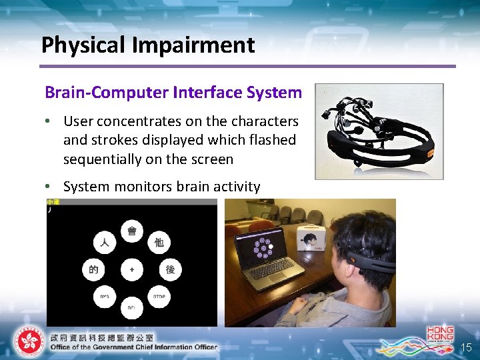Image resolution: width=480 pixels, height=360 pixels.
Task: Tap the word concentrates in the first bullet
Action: (x=138, y=121)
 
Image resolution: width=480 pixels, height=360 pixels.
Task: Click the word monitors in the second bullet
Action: (x=145, y=187)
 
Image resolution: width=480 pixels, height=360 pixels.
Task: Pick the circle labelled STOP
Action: (x=159, y=296)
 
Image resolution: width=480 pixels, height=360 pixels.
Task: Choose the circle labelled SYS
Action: (x=104, y=296)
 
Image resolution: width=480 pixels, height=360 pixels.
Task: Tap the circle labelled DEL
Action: (x=131, y=307)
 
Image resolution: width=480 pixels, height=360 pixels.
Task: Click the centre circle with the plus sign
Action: (x=131, y=269)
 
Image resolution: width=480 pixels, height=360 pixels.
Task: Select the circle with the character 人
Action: (x=104, y=243)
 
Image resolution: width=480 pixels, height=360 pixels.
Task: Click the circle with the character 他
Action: (x=159, y=243)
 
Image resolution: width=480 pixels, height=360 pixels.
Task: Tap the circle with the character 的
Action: (x=93, y=269)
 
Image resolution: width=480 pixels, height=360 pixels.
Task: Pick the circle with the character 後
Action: (x=170, y=269)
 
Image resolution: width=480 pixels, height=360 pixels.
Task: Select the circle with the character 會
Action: (x=131, y=231)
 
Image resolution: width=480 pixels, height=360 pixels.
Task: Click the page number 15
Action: (x=466, y=347)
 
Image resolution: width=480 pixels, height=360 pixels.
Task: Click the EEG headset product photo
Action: (x=379, y=131)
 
